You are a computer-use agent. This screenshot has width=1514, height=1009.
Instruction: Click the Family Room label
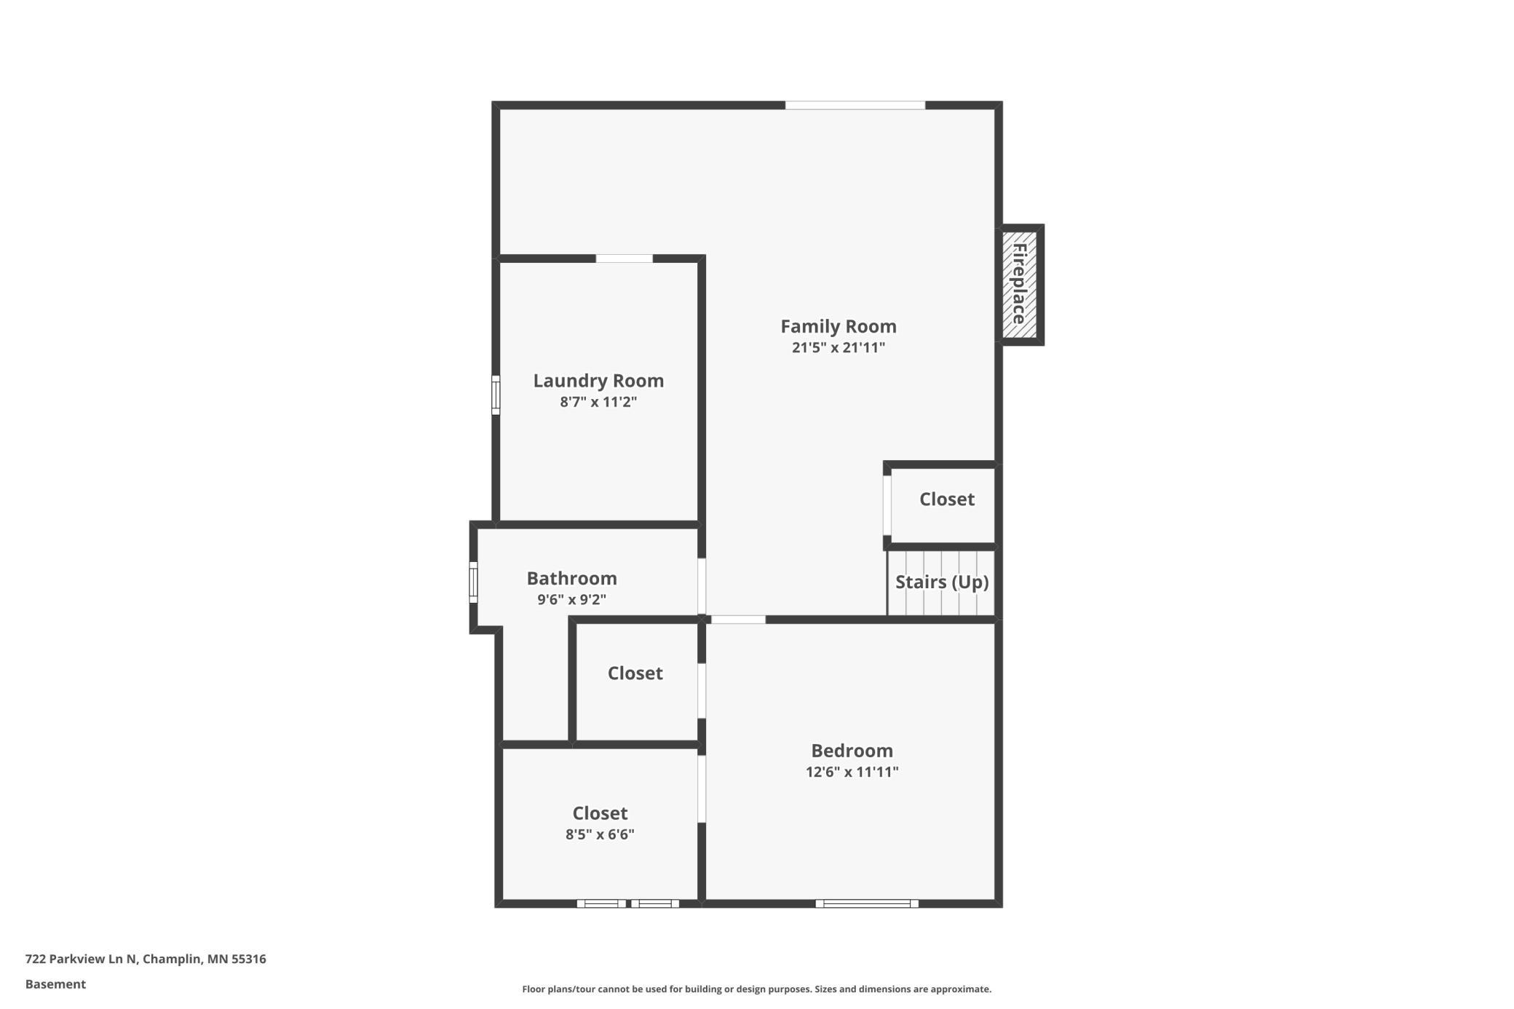839,327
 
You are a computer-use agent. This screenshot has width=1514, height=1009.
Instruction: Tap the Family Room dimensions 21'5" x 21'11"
839,347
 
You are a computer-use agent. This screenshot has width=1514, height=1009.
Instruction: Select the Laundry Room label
598,381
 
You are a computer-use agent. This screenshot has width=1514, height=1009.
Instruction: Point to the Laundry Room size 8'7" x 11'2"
598,402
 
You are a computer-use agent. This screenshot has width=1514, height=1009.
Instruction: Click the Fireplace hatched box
1020,285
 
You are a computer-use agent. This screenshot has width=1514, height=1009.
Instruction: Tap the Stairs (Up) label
942,582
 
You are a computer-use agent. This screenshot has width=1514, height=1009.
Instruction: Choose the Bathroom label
572,579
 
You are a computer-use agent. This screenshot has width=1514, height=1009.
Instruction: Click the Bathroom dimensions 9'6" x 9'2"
572,600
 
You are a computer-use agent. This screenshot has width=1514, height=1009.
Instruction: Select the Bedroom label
852,751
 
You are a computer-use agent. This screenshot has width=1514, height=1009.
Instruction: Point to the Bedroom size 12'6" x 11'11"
852,772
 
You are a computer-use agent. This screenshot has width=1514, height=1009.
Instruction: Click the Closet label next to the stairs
947,499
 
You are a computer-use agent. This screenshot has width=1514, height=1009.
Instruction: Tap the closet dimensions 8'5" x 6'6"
600,834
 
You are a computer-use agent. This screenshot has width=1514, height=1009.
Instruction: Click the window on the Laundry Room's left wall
496,395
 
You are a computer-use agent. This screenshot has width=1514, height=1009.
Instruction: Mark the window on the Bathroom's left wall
473,582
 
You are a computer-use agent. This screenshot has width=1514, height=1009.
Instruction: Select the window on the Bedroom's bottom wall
867,903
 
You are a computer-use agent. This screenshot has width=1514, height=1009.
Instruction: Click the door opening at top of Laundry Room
625,258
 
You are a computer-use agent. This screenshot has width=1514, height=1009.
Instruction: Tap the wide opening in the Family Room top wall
855,106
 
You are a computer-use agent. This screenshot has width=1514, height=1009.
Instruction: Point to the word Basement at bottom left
55,984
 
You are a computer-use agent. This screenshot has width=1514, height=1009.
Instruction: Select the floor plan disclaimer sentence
757,989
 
